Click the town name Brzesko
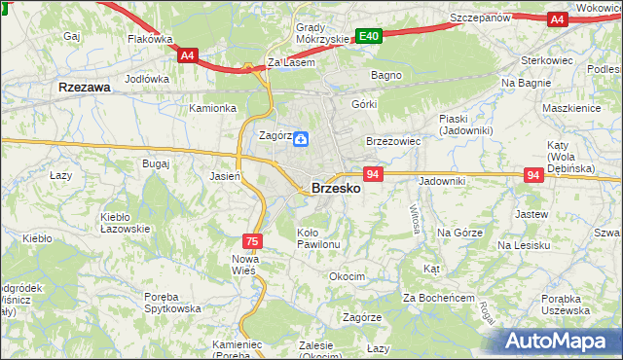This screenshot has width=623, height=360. point(336,189)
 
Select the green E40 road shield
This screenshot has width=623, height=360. point(368,36)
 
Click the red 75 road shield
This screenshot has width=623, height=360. point(252,240)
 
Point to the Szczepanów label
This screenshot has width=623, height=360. point(481,18)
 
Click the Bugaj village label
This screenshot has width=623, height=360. point(156,163)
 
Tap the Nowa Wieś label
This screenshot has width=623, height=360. point(243,264)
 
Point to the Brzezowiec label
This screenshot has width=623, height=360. point(392,141)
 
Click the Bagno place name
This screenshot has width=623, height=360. point(386,74)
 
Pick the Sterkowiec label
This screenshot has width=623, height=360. point(548,60)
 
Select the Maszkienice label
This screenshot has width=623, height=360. point(571,108)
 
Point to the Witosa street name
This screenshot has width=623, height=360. point(416,220)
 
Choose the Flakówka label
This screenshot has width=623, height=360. point(150,40)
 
